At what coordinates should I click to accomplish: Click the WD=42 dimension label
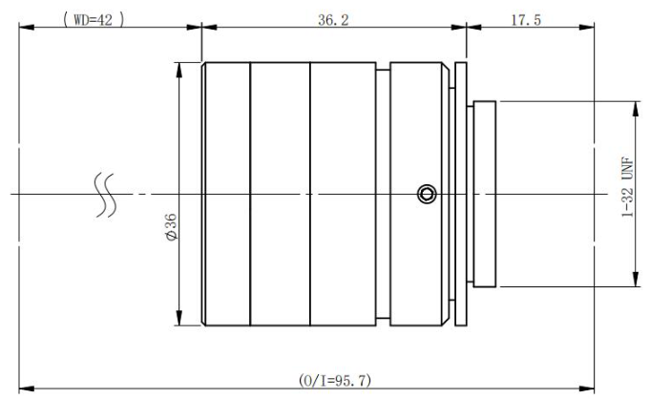[x=94, y=19]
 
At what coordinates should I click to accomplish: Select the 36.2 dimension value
[x=333, y=20]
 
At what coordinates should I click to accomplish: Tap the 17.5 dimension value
[x=526, y=20]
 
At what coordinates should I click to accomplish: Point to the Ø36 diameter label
[x=171, y=227]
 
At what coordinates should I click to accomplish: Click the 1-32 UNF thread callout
[x=628, y=186]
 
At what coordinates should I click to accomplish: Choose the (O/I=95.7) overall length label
[x=335, y=380]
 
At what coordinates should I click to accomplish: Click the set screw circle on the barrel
[x=427, y=194]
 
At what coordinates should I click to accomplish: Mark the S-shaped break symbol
[x=105, y=195]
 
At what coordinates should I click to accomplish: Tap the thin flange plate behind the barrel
[x=461, y=194]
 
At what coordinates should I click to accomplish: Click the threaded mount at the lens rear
[x=485, y=194]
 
